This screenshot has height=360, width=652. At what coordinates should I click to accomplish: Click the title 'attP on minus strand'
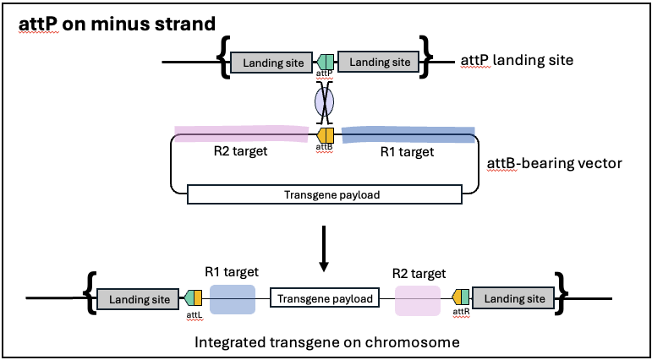point(117,24)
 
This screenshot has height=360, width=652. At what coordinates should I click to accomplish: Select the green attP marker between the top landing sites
point(326,61)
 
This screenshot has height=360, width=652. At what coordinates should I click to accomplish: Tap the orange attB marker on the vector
point(326,134)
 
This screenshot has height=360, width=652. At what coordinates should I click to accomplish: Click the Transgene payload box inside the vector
point(325,194)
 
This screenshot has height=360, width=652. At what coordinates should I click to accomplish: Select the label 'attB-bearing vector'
point(556,161)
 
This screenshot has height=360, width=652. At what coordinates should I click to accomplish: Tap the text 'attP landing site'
point(517,61)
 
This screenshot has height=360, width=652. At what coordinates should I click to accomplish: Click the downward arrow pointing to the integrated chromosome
point(325,248)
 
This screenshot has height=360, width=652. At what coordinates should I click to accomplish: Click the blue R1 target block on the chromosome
point(232,300)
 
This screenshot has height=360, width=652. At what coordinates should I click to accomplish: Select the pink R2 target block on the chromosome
point(418,300)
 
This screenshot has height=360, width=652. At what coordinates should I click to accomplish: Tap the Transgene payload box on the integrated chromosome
point(325,298)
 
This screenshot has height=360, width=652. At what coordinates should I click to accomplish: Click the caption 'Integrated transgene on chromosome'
point(325,342)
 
